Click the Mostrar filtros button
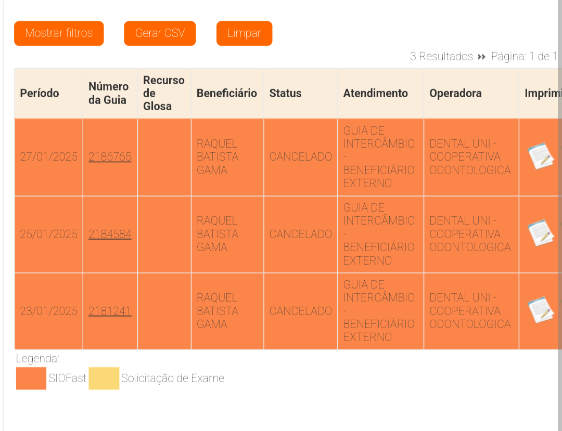[59, 33]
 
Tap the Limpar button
[244, 33]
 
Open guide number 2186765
[110, 157]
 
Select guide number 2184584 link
[110, 234]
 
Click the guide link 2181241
[110, 311]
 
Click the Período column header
[40, 94]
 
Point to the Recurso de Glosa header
[163, 94]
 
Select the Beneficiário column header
[227, 94]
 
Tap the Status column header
[285, 94]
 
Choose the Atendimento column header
[375, 94]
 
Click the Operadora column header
[455, 94]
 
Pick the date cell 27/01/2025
[48, 157]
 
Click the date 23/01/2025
[48, 311]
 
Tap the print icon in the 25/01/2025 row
[541, 233]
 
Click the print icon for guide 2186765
[541, 156]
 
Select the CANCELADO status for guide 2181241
[300, 311]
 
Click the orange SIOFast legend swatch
[31, 378]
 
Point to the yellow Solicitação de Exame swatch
[104, 378]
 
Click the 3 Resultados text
[441, 57]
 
